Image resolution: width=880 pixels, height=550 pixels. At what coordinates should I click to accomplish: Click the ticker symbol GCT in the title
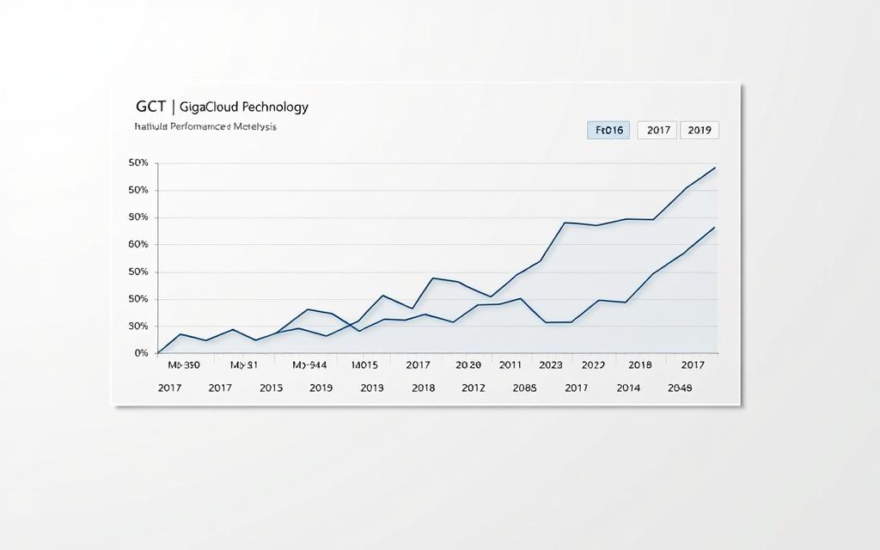151,107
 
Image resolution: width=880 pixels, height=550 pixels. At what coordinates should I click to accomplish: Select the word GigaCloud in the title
212,107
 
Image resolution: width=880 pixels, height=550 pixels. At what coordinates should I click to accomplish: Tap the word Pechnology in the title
275,107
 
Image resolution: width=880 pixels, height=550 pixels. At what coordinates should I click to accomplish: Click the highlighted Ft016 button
608,131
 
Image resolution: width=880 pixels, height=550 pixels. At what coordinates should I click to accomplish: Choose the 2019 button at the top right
700,131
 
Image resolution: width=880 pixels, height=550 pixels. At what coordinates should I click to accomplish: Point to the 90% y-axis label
138,217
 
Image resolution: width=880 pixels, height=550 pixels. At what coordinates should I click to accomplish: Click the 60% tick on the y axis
138,245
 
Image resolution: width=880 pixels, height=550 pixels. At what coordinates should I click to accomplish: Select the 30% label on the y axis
138,327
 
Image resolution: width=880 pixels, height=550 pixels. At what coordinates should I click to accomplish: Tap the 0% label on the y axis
141,353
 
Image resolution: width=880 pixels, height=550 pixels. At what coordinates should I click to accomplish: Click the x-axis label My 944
310,365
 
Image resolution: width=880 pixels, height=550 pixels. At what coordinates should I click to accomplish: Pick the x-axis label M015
365,365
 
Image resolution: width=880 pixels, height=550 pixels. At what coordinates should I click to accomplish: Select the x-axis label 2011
510,365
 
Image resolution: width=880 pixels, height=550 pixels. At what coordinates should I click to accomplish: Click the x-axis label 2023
550,365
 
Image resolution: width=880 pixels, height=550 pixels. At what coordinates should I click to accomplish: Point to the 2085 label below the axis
524,388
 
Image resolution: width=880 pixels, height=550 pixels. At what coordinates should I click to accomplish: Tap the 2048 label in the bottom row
679,388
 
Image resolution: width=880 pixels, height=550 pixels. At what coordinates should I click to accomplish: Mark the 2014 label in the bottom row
628,388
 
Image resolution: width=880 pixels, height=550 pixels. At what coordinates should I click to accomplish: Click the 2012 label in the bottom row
474,388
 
